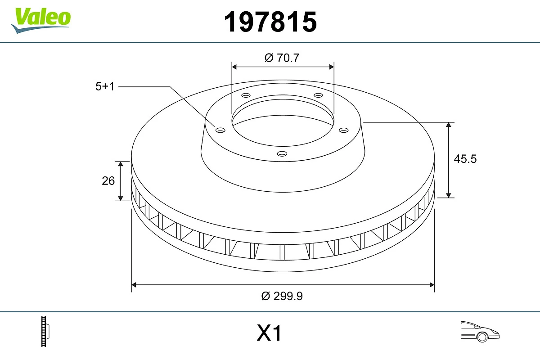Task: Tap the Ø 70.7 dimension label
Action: pos(282,58)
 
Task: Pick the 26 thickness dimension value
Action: pos(108,180)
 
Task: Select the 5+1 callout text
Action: pos(105,86)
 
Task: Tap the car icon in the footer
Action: pos(480,332)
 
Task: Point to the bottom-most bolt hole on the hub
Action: pos(282,154)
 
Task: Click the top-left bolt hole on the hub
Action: pos(246,95)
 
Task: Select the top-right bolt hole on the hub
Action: pos(319,95)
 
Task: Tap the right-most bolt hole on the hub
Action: pos(344,130)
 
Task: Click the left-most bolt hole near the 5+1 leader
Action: pos(220,130)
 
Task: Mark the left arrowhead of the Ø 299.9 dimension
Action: pos(134,284)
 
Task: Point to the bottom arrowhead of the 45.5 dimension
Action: pos(449,194)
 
